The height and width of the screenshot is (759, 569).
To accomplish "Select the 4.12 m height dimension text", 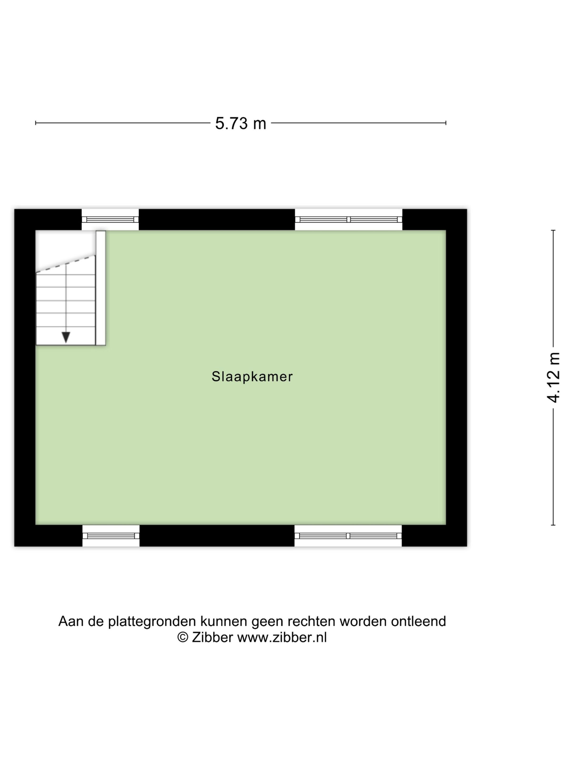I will point(553,377).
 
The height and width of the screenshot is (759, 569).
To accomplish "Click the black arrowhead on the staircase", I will point(66,337).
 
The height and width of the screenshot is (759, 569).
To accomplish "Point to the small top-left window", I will point(110,220).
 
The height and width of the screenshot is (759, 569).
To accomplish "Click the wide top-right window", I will point(348,220).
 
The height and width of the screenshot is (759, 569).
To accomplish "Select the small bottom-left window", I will point(111,536).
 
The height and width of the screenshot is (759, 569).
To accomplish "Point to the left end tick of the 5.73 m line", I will point(36,123).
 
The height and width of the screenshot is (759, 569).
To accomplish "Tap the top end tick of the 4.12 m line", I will point(553,230).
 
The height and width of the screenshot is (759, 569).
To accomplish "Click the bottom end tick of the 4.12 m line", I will point(553,525).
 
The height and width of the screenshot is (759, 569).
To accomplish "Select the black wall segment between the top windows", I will point(217,220).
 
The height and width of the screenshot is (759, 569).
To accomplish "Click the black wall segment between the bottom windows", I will point(217,536).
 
